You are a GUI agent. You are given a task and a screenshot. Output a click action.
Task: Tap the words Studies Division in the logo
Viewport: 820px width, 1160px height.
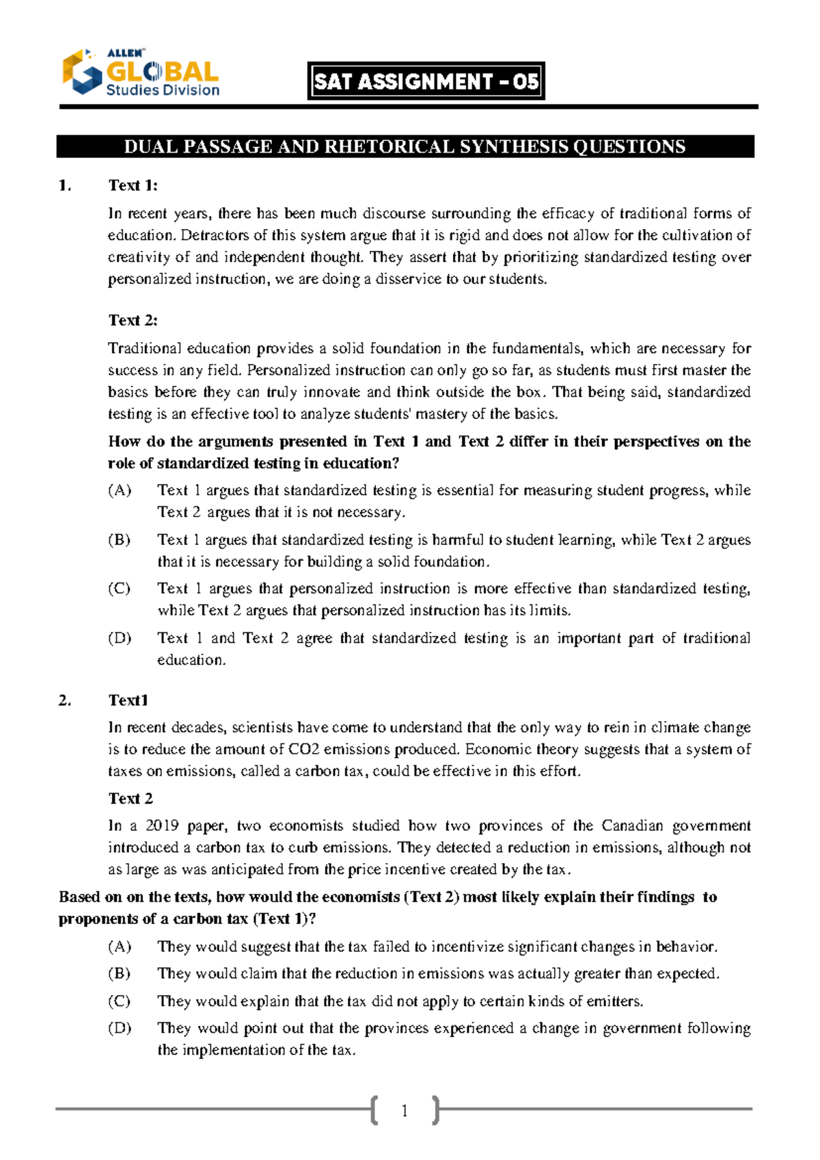click(163, 90)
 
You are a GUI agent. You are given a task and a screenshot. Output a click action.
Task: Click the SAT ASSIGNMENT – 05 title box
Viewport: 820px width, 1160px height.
click(426, 82)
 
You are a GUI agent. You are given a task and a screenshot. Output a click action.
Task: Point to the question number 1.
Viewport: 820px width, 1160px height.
click(65, 185)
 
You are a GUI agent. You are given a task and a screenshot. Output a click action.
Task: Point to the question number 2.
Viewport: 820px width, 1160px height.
click(65, 700)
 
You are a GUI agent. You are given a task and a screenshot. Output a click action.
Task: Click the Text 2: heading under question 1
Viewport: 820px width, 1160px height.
click(133, 320)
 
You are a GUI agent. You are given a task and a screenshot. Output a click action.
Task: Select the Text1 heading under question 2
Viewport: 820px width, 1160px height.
click(128, 700)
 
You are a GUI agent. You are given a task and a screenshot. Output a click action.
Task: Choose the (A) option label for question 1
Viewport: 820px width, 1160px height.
click(120, 490)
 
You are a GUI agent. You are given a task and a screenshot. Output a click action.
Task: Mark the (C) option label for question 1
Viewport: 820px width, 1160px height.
click(120, 589)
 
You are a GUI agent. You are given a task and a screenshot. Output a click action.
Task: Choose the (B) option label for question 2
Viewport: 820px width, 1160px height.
click(120, 973)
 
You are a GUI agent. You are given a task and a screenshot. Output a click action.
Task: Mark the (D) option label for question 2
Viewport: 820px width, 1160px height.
click(120, 1028)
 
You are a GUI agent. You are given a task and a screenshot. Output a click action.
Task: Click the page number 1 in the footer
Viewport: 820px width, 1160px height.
click(405, 1111)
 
